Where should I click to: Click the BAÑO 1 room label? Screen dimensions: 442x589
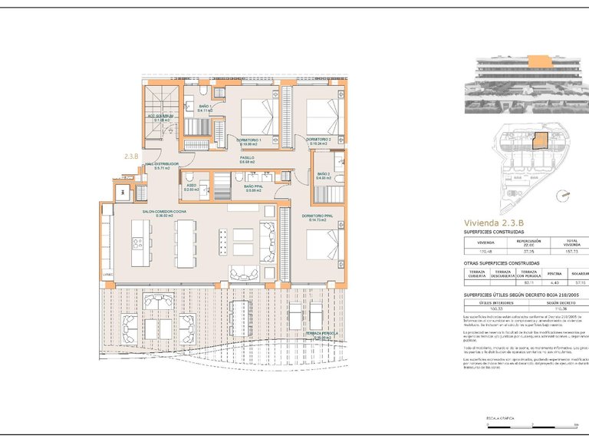tap(205, 107)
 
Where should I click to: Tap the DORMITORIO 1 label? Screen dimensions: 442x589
tap(250, 140)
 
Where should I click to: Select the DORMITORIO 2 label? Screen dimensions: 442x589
tap(318, 140)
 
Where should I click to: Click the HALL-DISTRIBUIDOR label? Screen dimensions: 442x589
tap(162, 165)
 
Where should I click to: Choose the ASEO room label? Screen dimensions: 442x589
tap(191, 186)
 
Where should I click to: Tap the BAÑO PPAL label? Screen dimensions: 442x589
tap(253, 186)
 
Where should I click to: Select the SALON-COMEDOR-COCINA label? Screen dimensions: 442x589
tap(163, 213)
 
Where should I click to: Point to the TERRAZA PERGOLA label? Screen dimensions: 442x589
tap(321, 335)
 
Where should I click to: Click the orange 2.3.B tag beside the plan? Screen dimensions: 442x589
tap(131, 156)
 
